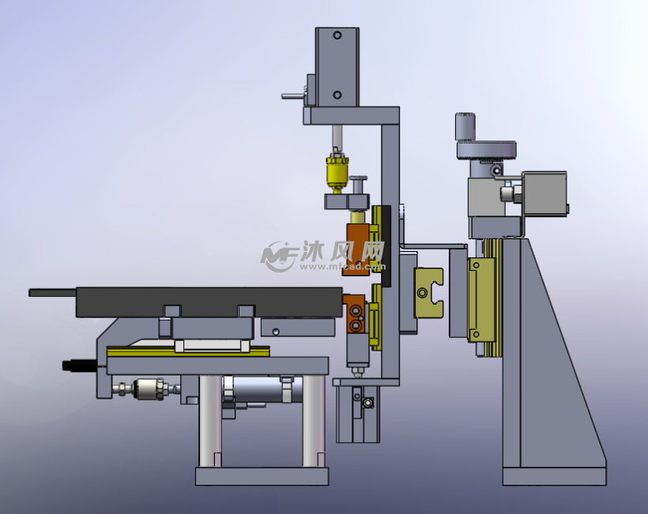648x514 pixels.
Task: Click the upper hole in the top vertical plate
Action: pyautogui.click(x=337, y=36)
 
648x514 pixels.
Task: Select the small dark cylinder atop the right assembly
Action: pyautogui.click(x=465, y=126)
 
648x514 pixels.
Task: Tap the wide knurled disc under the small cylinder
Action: pyautogui.click(x=487, y=150)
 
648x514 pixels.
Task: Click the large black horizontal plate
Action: pyautogui.click(x=209, y=302)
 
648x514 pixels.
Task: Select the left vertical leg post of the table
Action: pyautogui.click(x=210, y=421)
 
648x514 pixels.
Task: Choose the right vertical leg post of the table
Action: pyautogui.click(x=313, y=421)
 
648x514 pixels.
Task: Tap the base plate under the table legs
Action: pyautogui.click(x=262, y=476)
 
